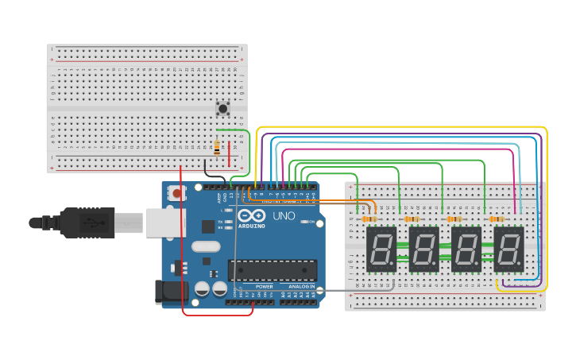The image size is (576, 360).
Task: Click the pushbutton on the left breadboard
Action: pos(223,108)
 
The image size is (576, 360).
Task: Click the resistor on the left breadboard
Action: pos(217,148)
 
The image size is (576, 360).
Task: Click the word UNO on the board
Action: pos(284,215)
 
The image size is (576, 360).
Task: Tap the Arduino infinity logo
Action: pos(250,216)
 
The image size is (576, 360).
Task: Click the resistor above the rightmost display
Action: pos(497,219)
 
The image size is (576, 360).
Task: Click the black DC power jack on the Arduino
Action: pos(171,292)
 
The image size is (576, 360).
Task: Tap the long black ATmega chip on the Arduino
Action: pos(273,270)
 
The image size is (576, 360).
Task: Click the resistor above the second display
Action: pos(412,219)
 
